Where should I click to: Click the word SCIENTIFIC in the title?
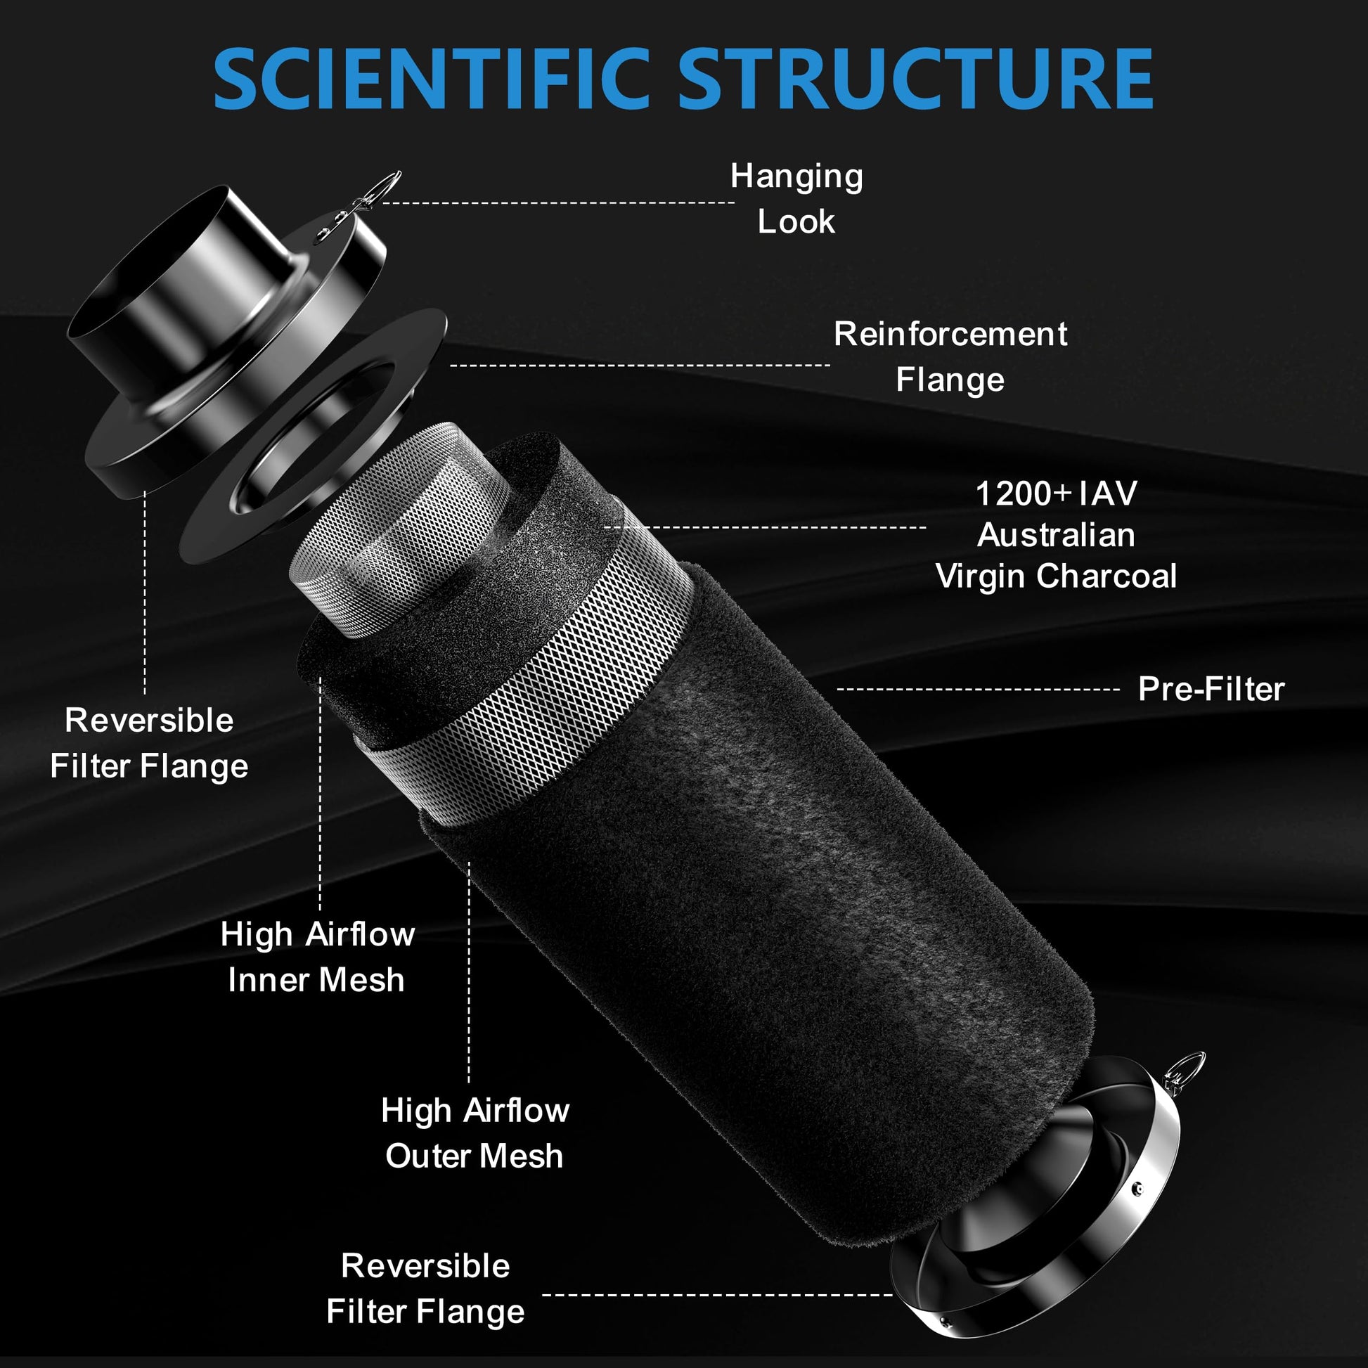(431, 79)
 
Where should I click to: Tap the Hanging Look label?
(796, 198)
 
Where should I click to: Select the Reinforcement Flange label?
(950, 356)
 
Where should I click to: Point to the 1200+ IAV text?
(1056, 493)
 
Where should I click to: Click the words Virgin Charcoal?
(1056, 576)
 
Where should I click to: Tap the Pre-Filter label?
(1211, 689)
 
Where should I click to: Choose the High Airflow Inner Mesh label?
(317, 957)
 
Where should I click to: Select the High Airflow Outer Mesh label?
(475, 1133)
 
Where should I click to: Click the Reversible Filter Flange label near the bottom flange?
(425, 1289)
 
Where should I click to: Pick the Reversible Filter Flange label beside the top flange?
(150, 743)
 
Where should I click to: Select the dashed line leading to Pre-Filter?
(979, 689)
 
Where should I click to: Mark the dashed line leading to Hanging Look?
(559, 202)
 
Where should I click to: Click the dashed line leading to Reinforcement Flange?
(640, 366)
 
